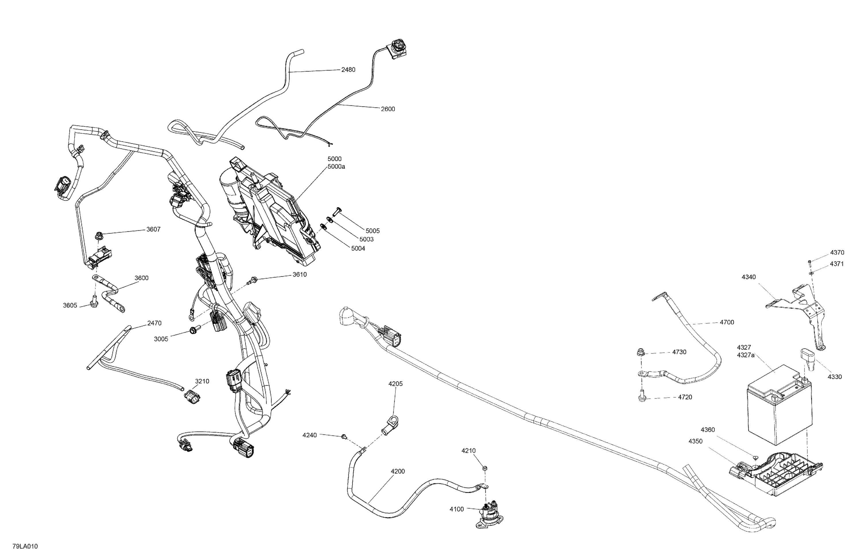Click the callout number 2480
tap(348, 70)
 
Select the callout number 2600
tap(387, 109)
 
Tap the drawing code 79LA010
tap(25, 546)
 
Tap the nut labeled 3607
tap(98, 237)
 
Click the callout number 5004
tap(358, 249)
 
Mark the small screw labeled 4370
tap(810, 262)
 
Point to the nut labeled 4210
tap(484, 468)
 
